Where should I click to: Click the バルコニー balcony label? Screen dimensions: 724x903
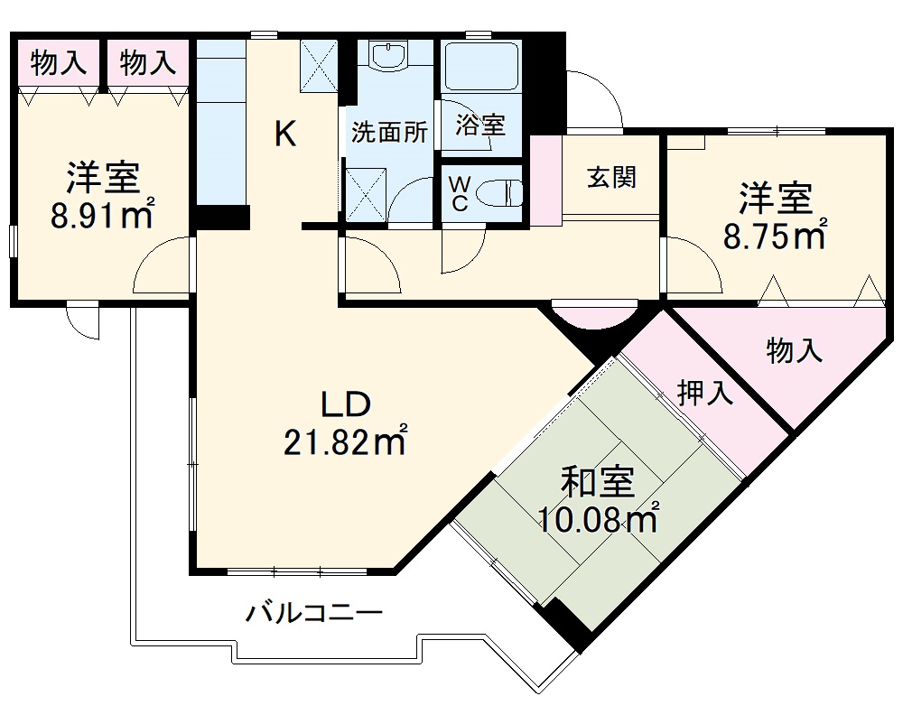point(315,614)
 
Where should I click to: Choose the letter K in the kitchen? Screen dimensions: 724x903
point(284,135)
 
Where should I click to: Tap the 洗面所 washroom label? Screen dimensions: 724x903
point(389,133)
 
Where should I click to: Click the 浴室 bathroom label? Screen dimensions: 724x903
point(480,124)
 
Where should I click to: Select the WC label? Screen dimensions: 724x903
point(460,193)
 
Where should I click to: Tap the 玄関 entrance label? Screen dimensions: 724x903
point(611,177)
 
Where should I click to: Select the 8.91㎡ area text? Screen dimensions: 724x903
point(102,216)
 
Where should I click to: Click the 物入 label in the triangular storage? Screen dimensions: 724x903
point(795,350)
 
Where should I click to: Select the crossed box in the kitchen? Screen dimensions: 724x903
point(317,65)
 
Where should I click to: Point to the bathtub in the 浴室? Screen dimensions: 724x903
point(480,65)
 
